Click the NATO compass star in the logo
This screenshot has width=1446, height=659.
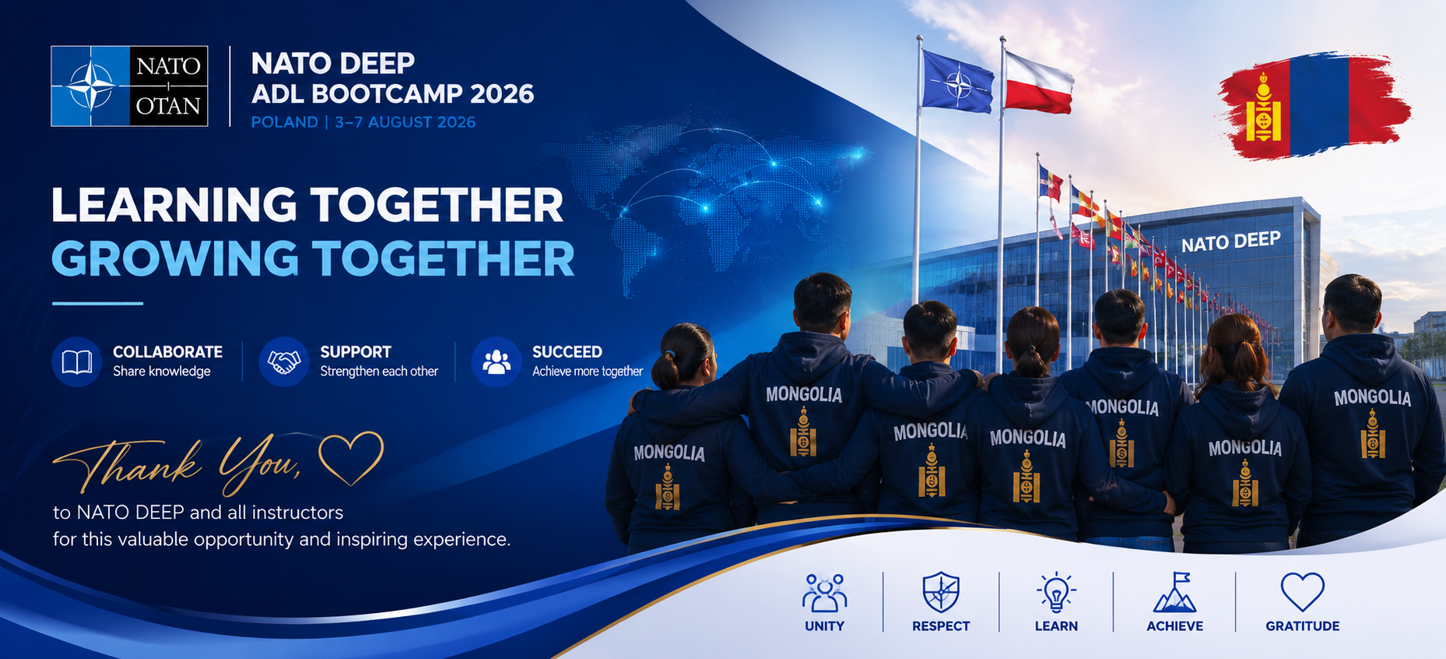click(x=90, y=86)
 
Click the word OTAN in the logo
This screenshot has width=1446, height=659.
click(x=168, y=105)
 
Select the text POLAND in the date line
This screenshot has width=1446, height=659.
click(x=284, y=122)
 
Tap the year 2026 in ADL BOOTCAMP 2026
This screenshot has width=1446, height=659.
click(x=502, y=93)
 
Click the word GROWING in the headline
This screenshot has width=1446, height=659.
click(x=175, y=259)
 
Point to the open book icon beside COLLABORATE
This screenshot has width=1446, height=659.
click(x=76, y=361)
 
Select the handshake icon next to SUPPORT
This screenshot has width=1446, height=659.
click(x=284, y=361)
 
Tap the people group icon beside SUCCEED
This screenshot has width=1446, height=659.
click(x=497, y=361)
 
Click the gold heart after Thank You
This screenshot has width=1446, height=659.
click(x=352, y=458)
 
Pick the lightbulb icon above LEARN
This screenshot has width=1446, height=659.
click(x=1056, y=592)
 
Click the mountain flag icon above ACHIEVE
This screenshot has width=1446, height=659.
click(x=1174, y=592)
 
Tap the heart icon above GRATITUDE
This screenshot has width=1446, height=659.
click(x=1302, y=592)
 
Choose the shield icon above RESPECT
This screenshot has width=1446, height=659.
click(x=941, y=592)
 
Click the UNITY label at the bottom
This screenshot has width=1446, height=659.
click(x=824, y=626)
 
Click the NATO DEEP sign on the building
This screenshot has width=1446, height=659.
click(x=1230, y=242)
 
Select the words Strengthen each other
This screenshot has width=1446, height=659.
click(x=379, y=372)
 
